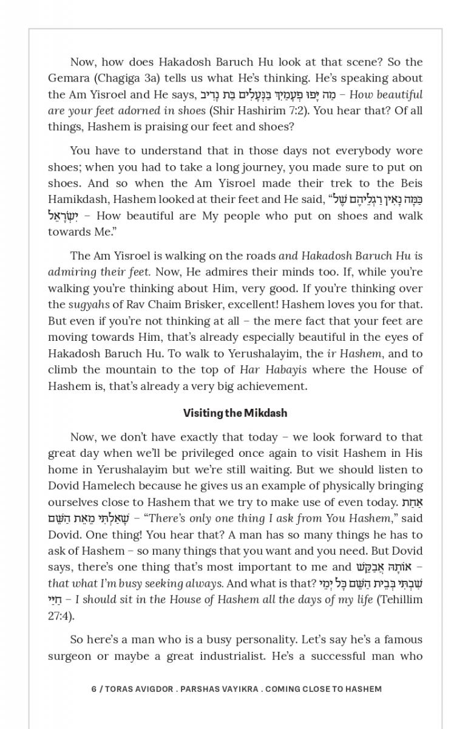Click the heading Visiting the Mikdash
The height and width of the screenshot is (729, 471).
(235, 413)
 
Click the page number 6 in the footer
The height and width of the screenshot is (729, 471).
(94, 689)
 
